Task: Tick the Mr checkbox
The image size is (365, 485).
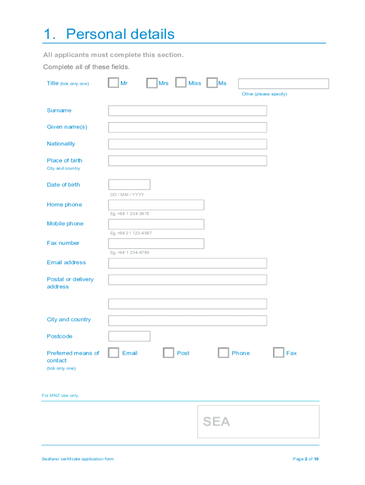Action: click(113, 83)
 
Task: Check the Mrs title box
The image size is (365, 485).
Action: click(152, 83)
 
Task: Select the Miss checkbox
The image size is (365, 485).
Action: click(181, 83)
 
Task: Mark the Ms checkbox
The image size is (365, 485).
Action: click(212, 83)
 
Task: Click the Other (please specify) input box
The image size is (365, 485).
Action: click(283, 84)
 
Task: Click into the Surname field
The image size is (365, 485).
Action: click(187, 111)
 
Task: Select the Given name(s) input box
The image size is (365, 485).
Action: click(187, 127)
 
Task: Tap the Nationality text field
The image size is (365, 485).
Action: click(187, 144)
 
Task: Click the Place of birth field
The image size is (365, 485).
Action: click(187, 161)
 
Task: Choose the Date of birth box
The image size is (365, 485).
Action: click(129, 185)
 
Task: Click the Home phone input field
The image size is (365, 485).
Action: click(156, 205)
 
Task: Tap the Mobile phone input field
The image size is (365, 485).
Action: click(156, 224)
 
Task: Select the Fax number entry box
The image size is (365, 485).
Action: click(156, 243)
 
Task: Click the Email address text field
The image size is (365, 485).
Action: click(187, 263)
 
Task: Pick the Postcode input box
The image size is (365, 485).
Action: click(129, 336)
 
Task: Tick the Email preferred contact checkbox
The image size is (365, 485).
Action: click(113, 353)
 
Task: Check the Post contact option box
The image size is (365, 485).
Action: click(168, 353)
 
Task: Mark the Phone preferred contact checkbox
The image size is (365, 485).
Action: click(223, 353)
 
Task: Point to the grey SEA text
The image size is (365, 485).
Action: click(216, 422)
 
